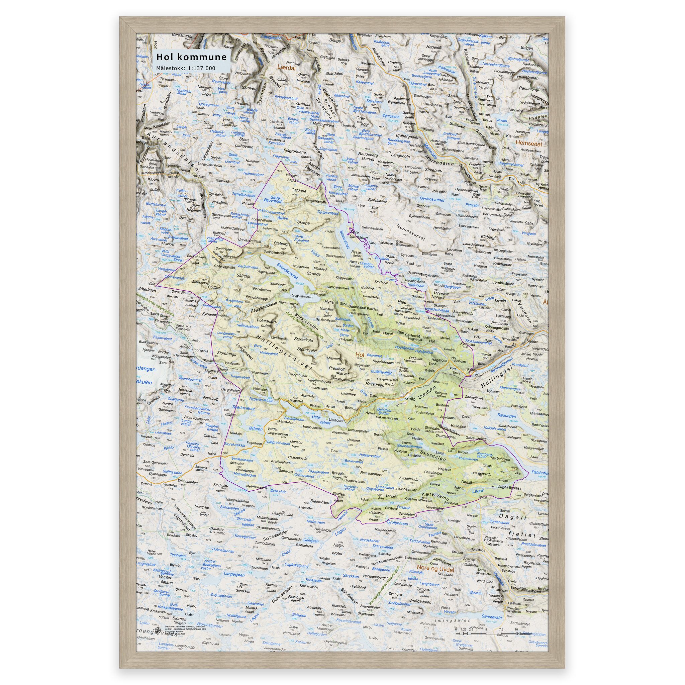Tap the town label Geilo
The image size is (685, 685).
tap(411, 398)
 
